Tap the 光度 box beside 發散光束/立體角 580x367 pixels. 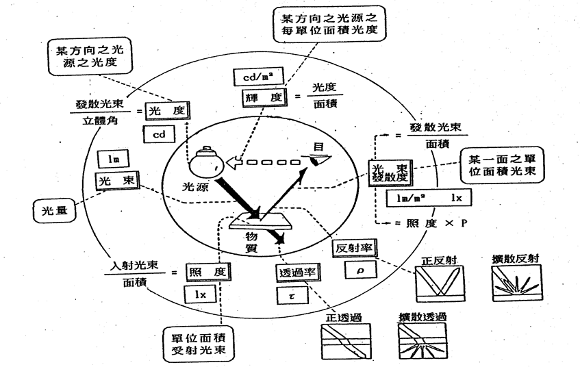(x=166, y=110)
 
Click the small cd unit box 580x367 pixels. (x=159, y=134)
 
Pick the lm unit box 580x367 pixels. (x=109, y=160)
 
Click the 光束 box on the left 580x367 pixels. (x=116, y=181)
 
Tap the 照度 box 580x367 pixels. (x=207, y=273)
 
